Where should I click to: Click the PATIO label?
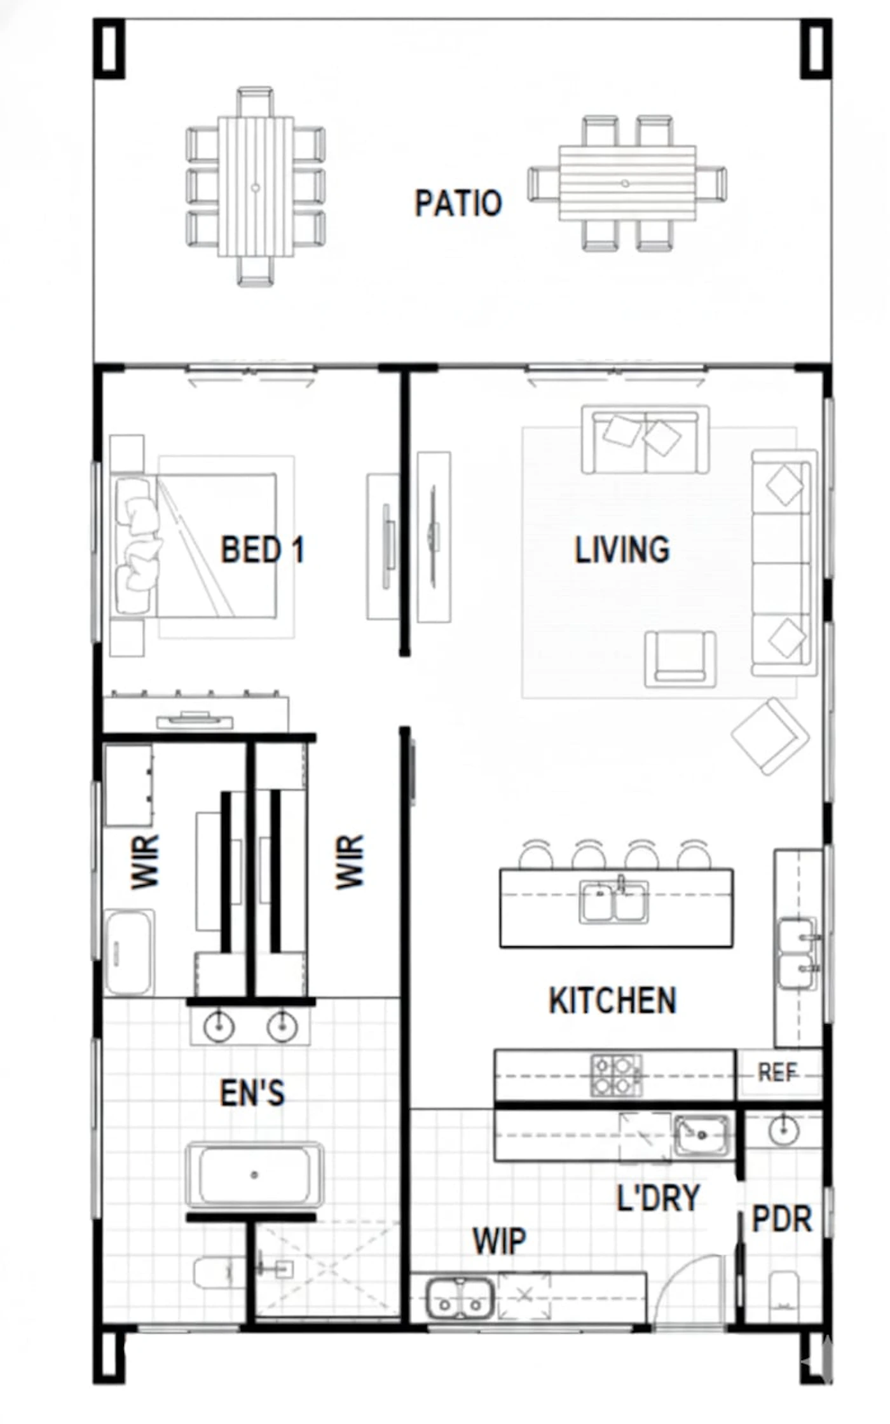pos(458,203)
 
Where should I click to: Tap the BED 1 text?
pos(262,549)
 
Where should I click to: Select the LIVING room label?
pos(622,550)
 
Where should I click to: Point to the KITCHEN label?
pos(613,1000)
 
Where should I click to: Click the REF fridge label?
pos(777,1073)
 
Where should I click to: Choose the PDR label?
pos(781,1219)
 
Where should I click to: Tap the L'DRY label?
pos(658,1198)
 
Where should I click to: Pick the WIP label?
pos(499,1240)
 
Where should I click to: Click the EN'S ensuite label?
pos(252,1093)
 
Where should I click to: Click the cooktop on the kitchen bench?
pos(615,1075)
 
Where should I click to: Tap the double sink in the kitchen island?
pos(614,901)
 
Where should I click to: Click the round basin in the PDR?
pos(783,1130)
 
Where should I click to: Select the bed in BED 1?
pos(194,545)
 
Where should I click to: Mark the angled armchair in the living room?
pos(770,736)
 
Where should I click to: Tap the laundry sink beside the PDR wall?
pos(702,1135)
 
